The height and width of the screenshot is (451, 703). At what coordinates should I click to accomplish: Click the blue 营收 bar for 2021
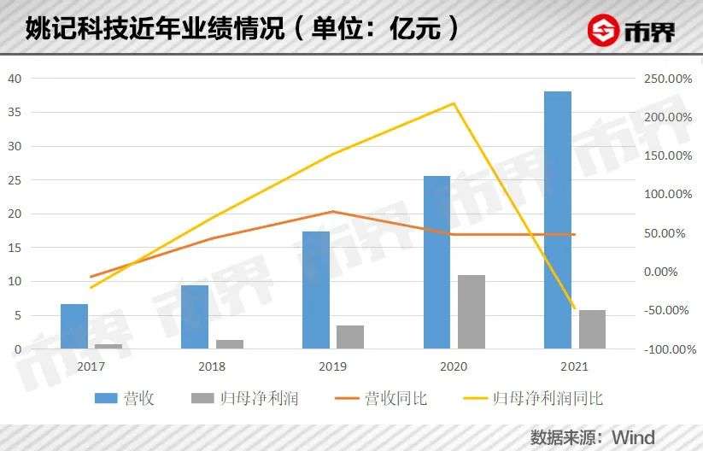pyautogui.click(x=557, y=220)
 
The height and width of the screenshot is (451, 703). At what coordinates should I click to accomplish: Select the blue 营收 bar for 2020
pyautogui.click(x=436, y=262)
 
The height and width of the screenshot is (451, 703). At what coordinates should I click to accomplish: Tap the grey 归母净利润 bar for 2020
pyautogui.click(x=471, y=312)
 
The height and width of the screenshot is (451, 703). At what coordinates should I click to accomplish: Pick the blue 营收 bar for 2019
pyautogui.click(x=315, y=290)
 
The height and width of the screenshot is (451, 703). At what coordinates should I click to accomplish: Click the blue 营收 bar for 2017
pyautogui.click(x=74, y=326)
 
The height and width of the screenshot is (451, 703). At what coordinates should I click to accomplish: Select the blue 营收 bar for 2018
pyautogui.click(x=195, y=317)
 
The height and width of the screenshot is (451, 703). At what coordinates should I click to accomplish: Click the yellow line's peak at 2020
pyautogui.click(x=453, y=103)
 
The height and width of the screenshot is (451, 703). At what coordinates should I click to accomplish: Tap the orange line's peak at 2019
pyautogui.click(x=332, y=211)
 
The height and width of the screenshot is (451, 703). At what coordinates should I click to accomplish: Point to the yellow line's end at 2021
pyautogui.click(x=574, y=308)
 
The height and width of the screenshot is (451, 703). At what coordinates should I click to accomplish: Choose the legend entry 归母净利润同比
pyautogui.click(x=547, y=398)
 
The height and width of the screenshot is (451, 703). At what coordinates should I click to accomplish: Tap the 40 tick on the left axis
pyautogui.click(x=14, y=79)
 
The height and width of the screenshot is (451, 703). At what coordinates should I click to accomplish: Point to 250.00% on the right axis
pyautogui.click(x=664, y=79)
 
